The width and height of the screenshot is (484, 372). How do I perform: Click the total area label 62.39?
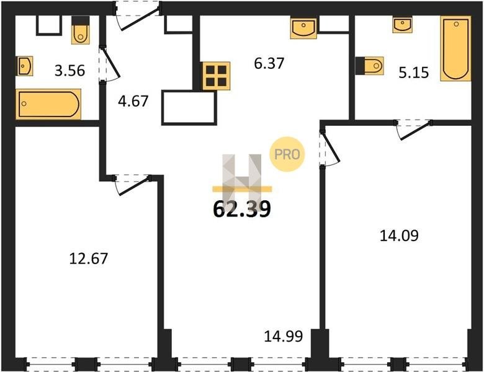point(242,209)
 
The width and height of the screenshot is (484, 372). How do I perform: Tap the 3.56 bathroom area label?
point(69,71)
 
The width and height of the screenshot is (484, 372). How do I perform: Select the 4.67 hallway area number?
point(133,101)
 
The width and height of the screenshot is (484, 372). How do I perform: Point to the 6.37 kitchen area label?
point(269,63)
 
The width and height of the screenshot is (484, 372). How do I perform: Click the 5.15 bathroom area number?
point(414,73)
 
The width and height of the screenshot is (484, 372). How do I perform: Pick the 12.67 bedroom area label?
point(89,259)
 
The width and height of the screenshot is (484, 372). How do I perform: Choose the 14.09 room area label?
point(399,236)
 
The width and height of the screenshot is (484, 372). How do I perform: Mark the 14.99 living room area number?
point(284,336)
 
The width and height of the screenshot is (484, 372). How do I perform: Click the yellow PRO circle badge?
point(287,154)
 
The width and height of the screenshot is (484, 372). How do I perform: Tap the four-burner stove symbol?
point(217,76)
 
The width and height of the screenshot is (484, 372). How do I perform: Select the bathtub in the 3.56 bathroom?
point(48,104)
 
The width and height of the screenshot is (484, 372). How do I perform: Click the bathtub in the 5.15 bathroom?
point(456,48)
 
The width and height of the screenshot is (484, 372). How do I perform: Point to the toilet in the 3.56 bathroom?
point(81,30)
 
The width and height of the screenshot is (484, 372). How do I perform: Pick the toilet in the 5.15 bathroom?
point(369,65)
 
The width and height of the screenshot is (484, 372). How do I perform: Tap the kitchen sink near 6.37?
point(303,29)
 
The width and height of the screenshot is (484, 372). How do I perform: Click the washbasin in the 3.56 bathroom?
point(24,66)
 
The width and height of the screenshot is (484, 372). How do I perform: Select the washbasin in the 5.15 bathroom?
point(402,25)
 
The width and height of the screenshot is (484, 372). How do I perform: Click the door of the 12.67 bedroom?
point(132,185)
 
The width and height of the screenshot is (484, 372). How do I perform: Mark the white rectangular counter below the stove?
point(189,108)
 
